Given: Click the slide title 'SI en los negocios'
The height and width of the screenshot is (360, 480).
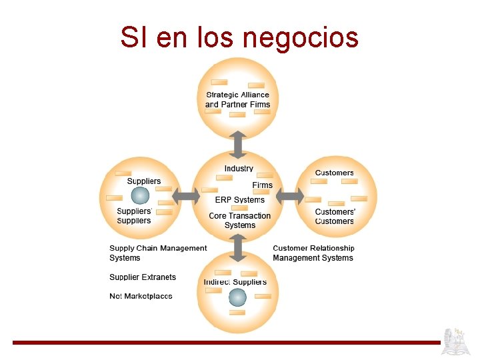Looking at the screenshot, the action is (x=239, y=37).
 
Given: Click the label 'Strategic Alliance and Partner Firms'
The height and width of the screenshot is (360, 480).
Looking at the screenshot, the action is (x=237, y=99).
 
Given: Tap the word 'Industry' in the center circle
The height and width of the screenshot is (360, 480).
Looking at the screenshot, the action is (x=239, y=169).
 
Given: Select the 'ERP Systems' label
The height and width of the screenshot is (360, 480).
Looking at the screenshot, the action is (x=239, y=199).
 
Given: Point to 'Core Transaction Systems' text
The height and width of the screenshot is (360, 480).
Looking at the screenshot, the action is (x=239, y=220).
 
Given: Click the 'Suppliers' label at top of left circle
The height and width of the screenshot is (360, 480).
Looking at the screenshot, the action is (x=143, y=181).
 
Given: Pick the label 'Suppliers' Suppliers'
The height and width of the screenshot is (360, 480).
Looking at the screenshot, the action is (x=134, y=216).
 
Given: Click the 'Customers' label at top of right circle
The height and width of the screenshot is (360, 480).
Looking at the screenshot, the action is (x=334, y=173).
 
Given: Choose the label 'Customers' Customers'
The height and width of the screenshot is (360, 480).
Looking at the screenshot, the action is (x=335, y=217).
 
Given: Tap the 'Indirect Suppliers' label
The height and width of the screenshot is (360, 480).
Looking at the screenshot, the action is (x=235, y=282).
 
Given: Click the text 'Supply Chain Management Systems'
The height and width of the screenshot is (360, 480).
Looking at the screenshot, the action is (x=158, y=253).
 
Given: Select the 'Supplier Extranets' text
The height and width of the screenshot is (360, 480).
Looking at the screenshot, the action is (x=143, y=277).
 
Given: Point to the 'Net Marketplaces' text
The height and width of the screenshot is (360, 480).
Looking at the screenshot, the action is (x=141, y=296).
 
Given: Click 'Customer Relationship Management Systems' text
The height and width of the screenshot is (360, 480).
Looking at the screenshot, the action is (x=313, y=253).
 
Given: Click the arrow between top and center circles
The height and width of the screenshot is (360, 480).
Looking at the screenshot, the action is (x=238, y=143).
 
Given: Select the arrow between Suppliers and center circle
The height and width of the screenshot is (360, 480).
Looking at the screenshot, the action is (x=186, y=197).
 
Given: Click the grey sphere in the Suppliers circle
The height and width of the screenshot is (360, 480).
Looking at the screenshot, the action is (x=140, y=195).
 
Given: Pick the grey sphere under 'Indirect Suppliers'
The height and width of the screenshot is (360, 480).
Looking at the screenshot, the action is (x=237, y=297).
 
